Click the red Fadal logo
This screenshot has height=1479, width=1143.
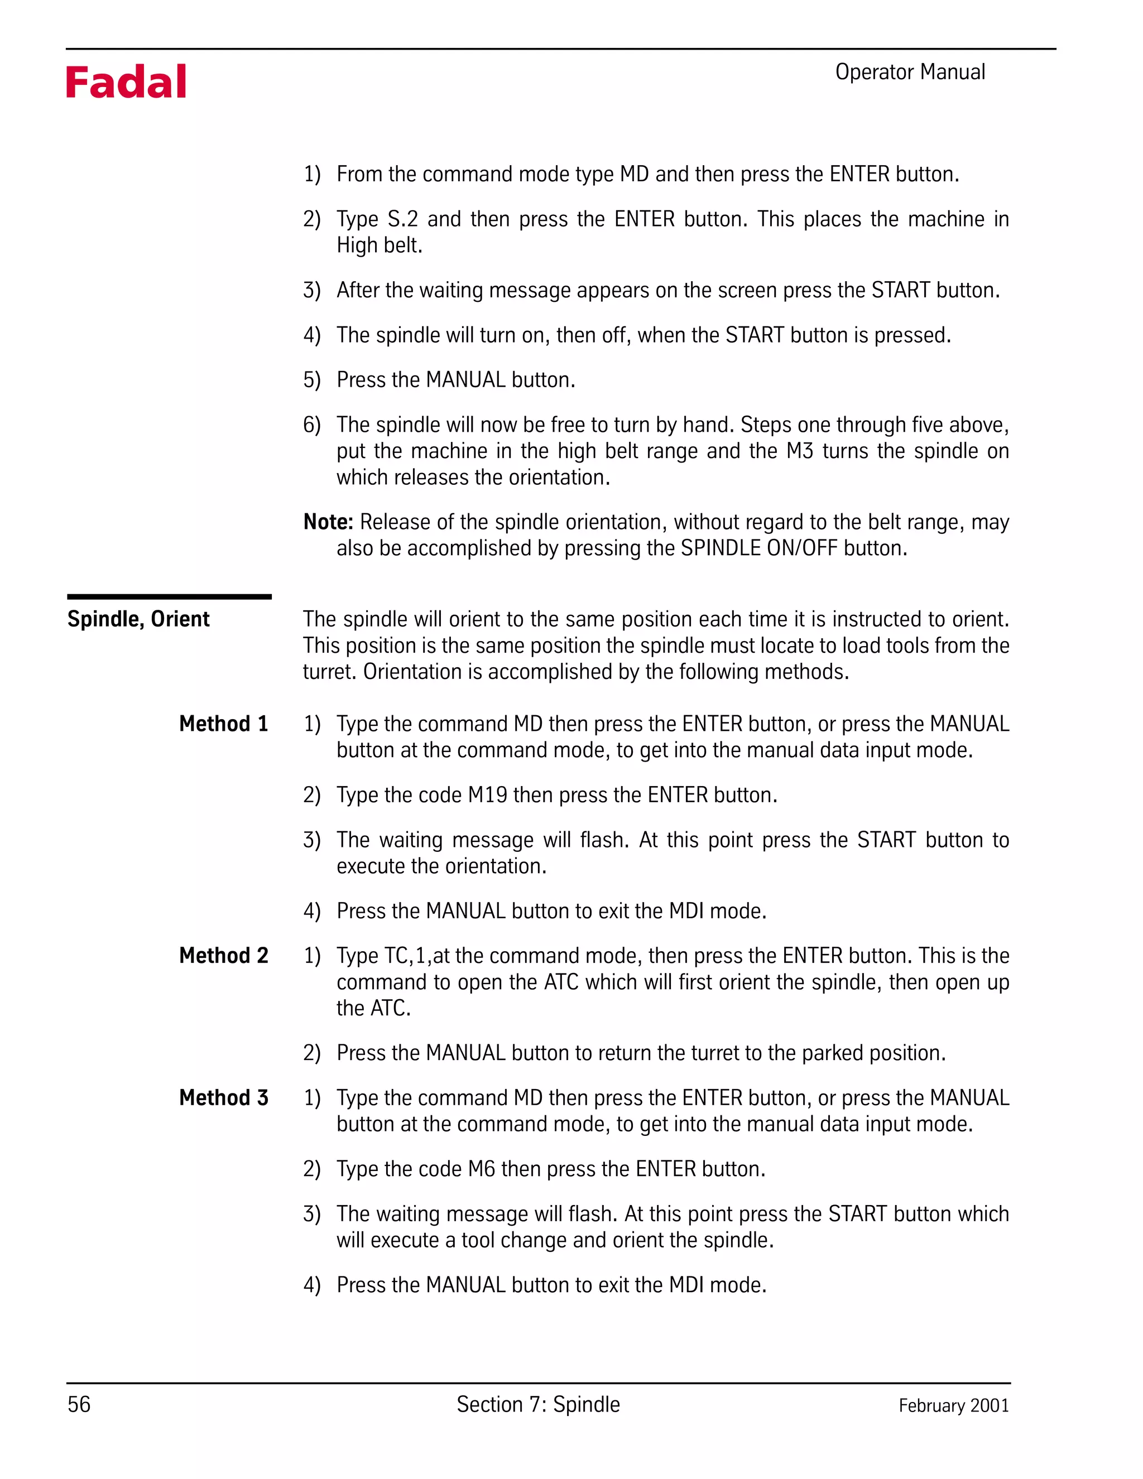pos(126,83)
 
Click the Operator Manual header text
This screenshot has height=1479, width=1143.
pos(909,72)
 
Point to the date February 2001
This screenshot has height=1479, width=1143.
pos(953,1405)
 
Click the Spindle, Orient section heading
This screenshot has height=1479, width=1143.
pos(138,619)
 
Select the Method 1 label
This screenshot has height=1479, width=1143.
pos(224,724)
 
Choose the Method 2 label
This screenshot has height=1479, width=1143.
pos(224,956)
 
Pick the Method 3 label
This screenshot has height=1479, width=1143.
pos(224,1098)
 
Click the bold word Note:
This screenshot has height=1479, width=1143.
pos(328,522)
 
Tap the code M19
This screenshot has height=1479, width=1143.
pos(488,795)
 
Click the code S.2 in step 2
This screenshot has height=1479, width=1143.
pos(402,219)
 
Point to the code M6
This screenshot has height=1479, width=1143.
pos(482,1169)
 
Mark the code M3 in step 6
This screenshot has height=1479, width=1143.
pos(800,451)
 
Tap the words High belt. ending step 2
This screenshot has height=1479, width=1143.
pos(380,245)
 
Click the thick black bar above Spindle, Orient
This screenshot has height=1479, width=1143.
pos(169,596)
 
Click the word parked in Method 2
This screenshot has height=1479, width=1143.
pos(833,1053)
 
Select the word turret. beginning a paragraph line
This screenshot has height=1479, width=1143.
pos(330,672)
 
